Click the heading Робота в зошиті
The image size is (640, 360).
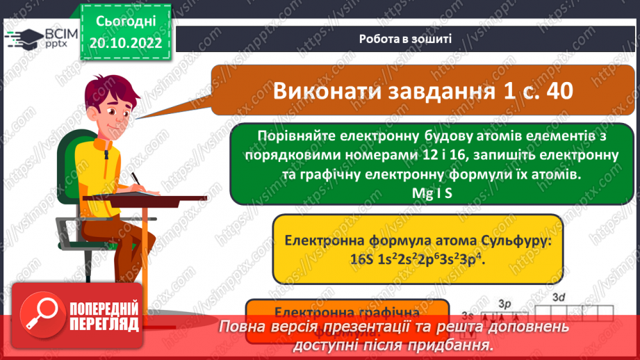click(x=406, y=39)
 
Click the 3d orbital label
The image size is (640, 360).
click(x=559, y=297)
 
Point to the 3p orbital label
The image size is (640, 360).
click(x=504, y=304)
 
